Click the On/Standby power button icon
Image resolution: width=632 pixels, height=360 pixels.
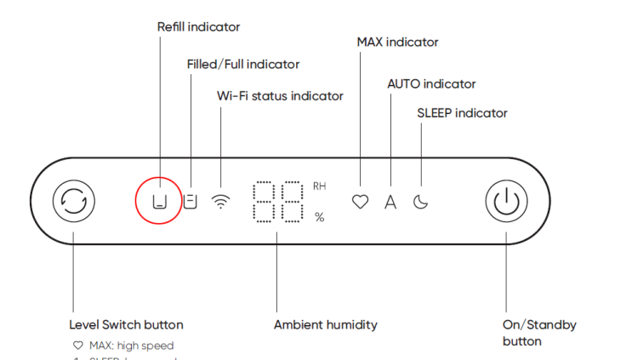[506, 202]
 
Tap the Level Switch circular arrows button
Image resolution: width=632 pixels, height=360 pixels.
[74, 202]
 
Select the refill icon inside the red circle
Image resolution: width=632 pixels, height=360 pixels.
[159, 202]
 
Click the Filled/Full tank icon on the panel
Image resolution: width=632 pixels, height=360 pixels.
[191, 202]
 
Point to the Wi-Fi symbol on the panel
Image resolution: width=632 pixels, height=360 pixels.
[221, 202]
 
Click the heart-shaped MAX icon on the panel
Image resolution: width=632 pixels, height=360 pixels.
[361, 203]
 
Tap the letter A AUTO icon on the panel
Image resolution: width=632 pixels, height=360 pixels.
[390, 203]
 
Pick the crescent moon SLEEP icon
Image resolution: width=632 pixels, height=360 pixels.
[420, 203]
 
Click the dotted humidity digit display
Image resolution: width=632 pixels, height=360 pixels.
[278, 201]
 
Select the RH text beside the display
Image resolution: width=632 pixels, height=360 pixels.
[320, 186]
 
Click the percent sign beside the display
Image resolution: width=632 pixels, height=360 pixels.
[320, 217]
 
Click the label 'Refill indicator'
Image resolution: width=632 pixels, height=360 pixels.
[198, 27]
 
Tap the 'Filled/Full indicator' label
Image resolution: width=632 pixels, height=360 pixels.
[243, 64]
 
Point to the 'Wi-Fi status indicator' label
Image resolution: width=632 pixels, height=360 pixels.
[280, 96]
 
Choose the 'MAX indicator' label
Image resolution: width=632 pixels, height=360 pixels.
[398, 42]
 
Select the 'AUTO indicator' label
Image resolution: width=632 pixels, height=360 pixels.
[431, 84]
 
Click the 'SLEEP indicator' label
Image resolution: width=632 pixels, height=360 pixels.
[462, 113]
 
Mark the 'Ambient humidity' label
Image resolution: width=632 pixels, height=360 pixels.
[326, 324]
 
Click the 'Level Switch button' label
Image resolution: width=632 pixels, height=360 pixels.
[126, 324]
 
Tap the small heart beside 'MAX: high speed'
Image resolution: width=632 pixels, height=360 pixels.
[78, 346]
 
